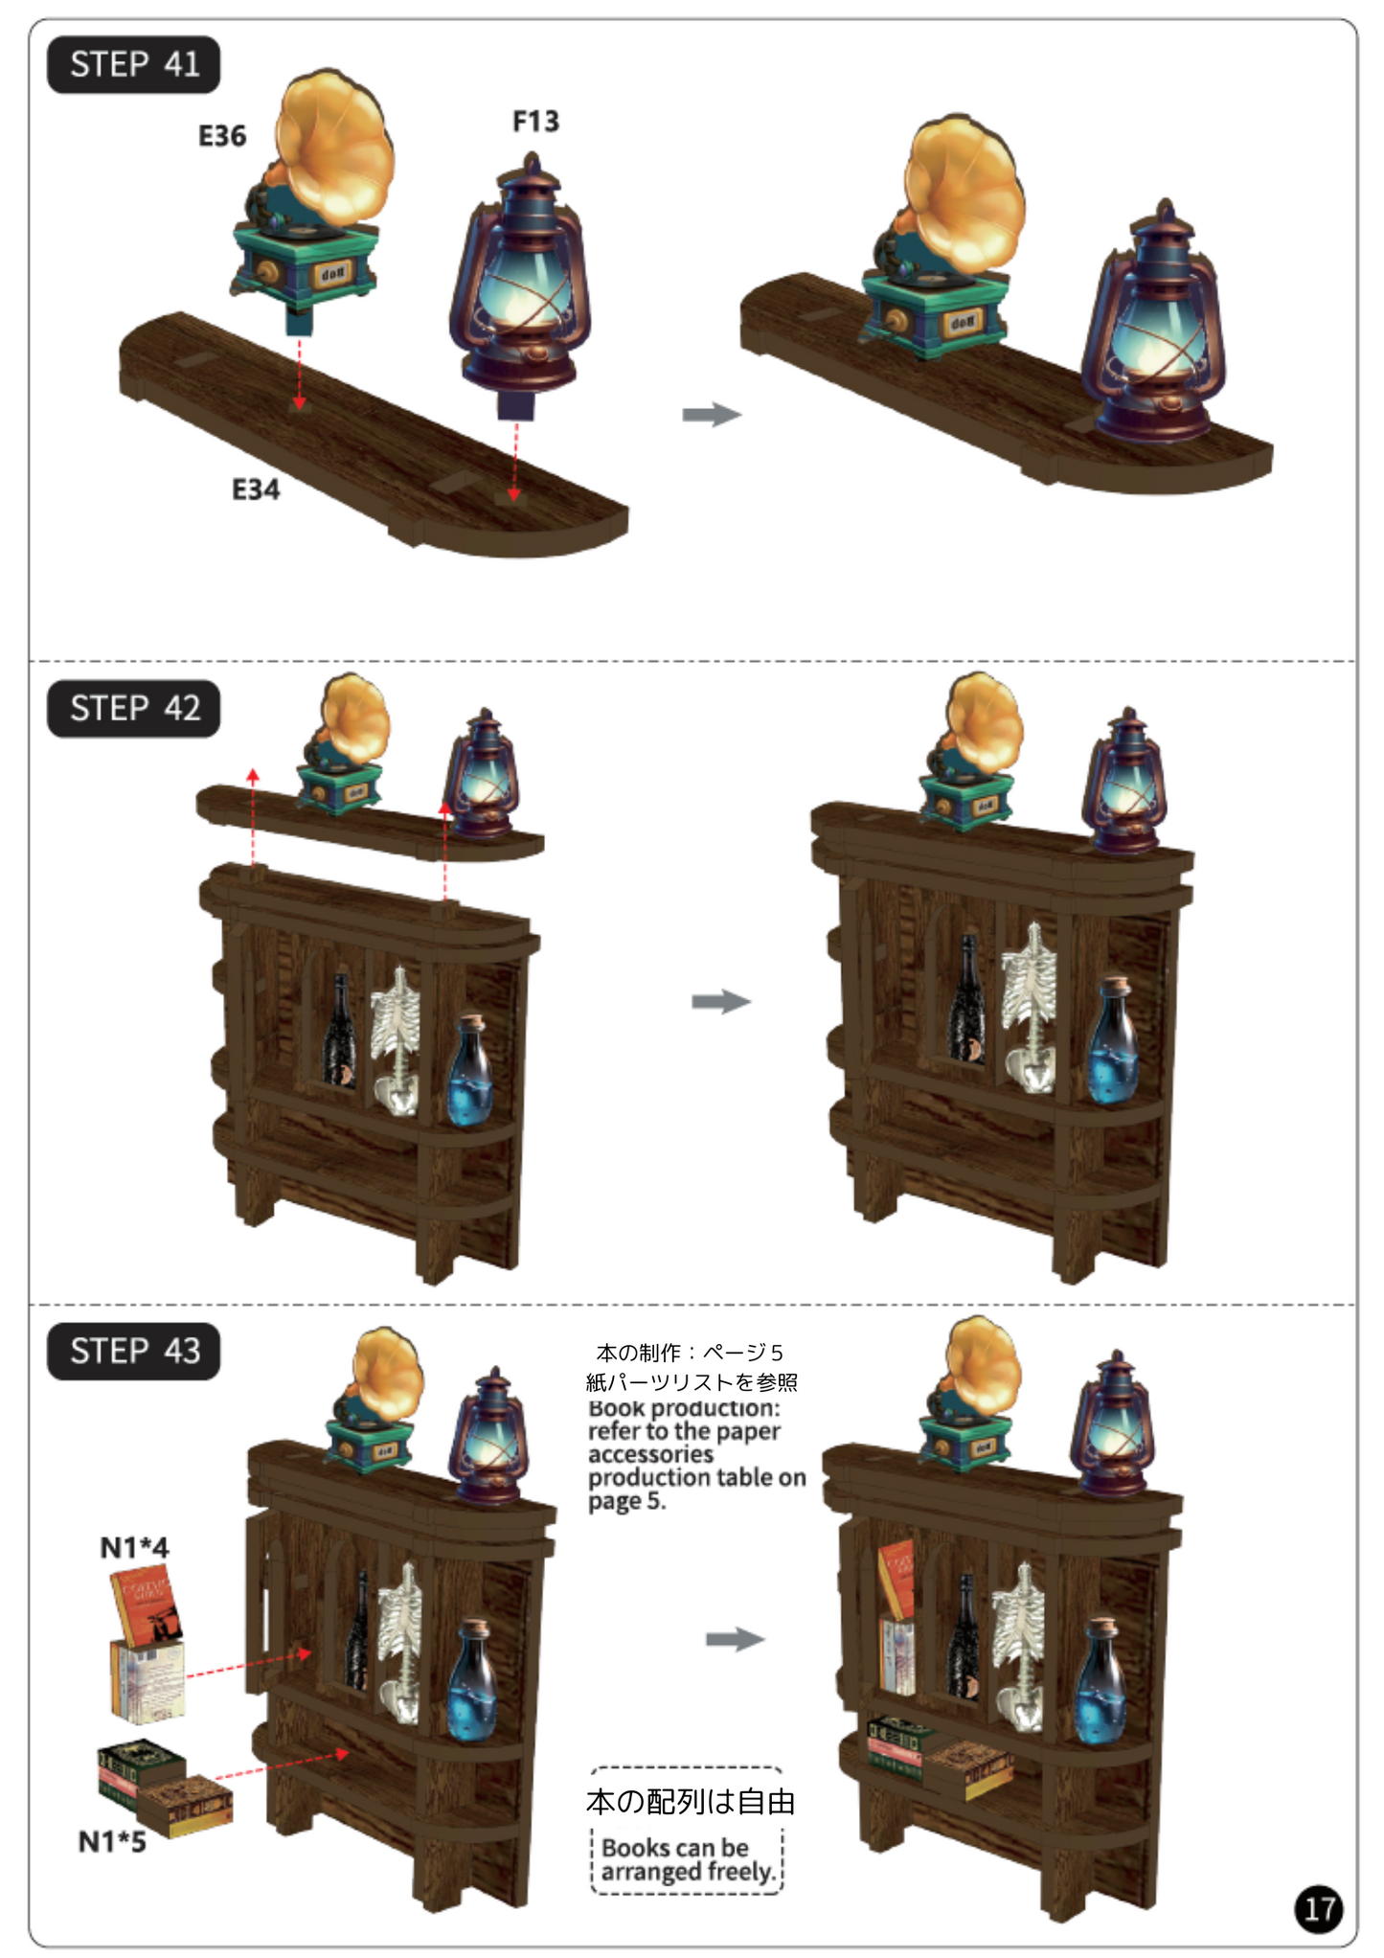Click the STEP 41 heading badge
[x=133, y=64]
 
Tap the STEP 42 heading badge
[x=133, y=708]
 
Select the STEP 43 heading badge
[x=133, y=1351]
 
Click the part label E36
[x=222, y=136]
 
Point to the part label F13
[x=535, y=122]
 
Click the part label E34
[x=256, y=489]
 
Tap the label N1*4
[x=134, y=1547]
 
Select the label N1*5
[x=112, y=1841]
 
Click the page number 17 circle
[x=1319, y=1909]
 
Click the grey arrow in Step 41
[x=712, y=415]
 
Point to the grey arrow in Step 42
[x=721, y=1002]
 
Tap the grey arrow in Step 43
[x=735, y=1639]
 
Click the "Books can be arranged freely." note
[x=687, y=1859]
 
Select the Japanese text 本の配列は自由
[x=691, y=1802]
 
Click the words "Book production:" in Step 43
[x=684, y=1408]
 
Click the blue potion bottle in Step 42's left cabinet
[x=469, y=1071]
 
